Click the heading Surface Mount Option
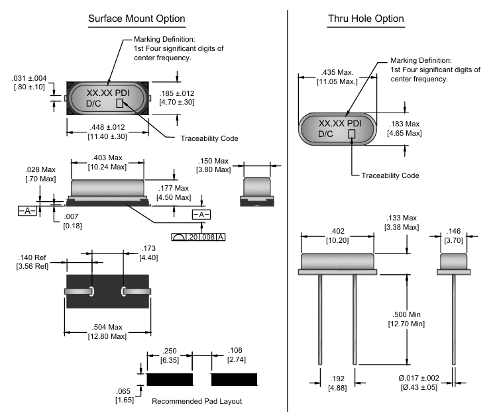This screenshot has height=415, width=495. pos(137,19)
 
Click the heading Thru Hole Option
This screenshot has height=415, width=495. pos(366,19)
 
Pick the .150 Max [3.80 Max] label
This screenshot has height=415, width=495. pos(213,165)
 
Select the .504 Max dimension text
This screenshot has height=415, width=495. pos(107,332)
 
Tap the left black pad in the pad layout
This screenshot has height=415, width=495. pos(169,379)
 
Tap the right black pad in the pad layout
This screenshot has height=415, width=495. pos(234,379)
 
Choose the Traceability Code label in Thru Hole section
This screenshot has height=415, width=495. pos(390,175)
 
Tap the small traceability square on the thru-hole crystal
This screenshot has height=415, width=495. pos(352,133)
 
